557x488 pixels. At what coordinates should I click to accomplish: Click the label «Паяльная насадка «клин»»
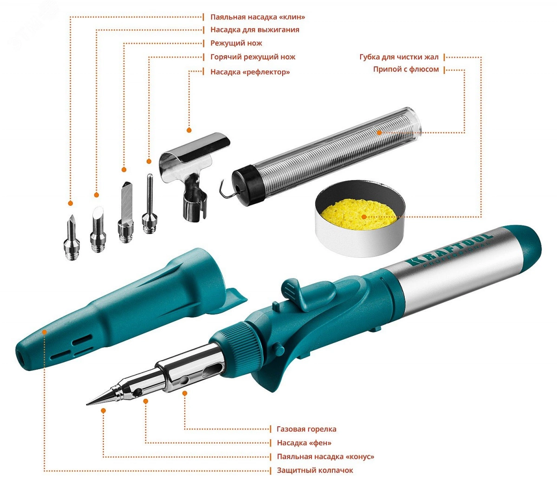258,17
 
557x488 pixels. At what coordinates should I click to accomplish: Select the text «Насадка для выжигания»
255,30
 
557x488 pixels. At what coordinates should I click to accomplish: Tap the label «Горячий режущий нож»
253,57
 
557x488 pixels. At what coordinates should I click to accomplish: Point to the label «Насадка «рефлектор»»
250,72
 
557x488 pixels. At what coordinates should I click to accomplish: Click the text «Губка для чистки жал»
399,57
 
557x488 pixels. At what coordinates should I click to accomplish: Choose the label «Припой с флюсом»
406,70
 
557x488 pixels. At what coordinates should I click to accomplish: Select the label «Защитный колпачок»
315,470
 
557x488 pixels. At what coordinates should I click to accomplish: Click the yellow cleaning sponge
359,215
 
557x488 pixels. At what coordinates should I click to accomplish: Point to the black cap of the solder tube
248,185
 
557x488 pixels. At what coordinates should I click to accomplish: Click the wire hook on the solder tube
228,189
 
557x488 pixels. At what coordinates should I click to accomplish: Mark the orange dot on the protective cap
44,332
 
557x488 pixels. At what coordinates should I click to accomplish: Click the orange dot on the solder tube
379,133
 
